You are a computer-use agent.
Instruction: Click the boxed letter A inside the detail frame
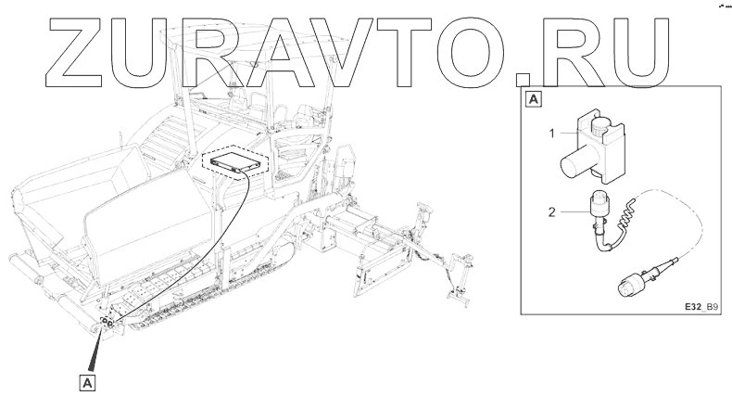(x=535, y=97)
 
